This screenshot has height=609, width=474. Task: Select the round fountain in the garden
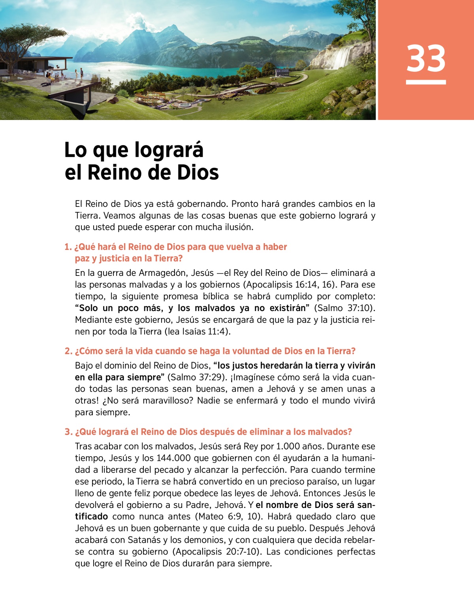coord(185,105)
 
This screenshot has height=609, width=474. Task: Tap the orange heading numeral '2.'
coord(68,351)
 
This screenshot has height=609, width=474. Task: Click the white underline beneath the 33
coord(426,82)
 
